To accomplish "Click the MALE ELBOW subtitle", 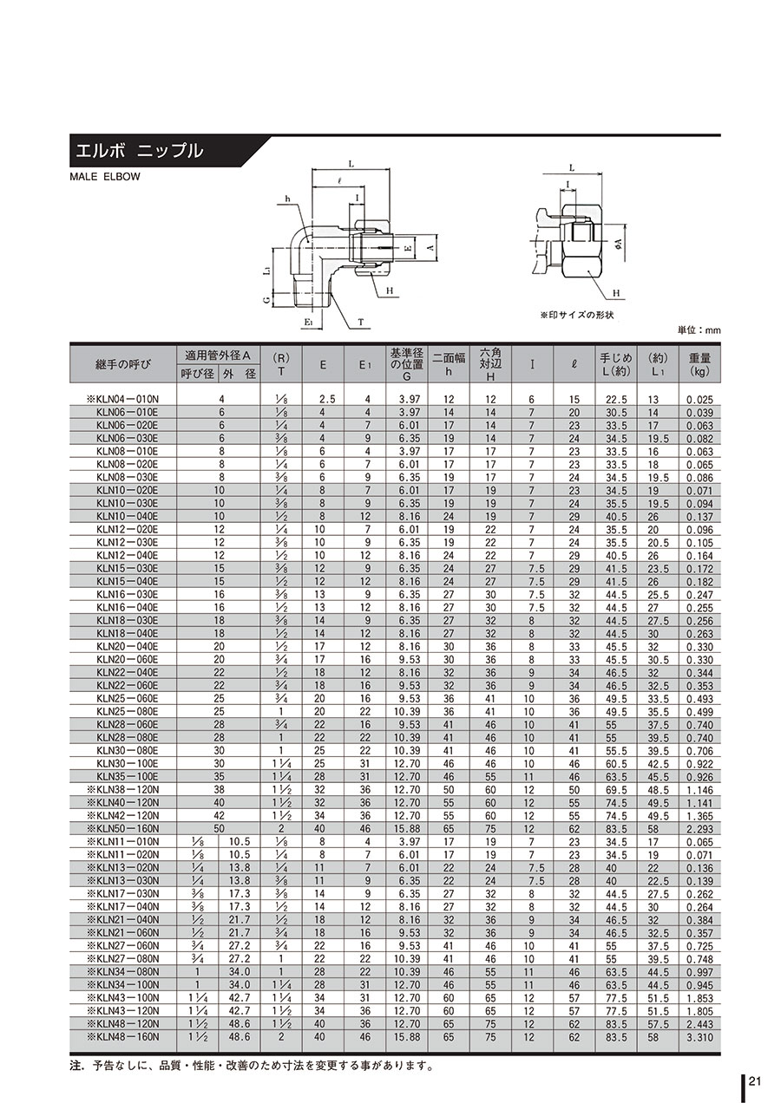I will point(104,177).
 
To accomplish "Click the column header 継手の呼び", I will point(122,364).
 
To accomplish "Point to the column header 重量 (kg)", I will point(699,364).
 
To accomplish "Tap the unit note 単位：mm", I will point(699,330).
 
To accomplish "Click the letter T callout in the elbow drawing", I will point(360,323).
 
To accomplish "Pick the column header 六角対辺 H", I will point(490,364).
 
